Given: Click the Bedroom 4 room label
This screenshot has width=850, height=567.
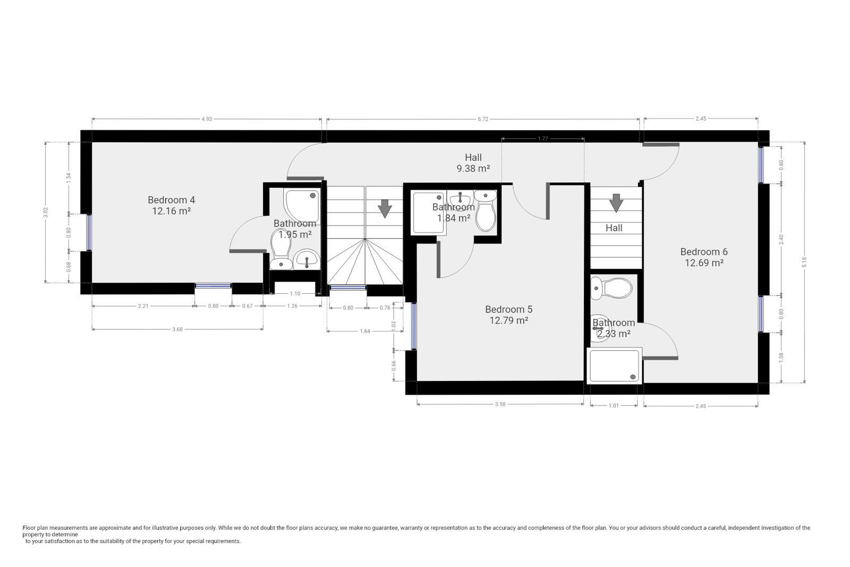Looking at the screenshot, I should (171, 205).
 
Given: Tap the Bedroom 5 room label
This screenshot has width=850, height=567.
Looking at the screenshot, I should (508, 315).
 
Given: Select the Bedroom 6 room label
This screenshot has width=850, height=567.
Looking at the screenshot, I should (704, 257).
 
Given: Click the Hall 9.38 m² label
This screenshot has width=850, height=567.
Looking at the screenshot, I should (473, 163).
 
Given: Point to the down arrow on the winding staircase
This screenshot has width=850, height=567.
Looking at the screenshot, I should (384, 208).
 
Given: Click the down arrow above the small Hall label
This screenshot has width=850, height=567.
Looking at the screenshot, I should (616, 203).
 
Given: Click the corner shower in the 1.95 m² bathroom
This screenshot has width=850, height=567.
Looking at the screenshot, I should (302, 205).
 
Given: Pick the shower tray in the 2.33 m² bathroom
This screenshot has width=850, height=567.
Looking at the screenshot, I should (614, 366).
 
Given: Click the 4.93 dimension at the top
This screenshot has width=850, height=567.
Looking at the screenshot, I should (207, 119).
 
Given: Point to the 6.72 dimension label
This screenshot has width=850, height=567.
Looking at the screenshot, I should (482, 119).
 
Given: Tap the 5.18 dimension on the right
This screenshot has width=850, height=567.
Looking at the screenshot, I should (804, 261).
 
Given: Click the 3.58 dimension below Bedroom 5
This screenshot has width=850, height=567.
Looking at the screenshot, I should (500, 404).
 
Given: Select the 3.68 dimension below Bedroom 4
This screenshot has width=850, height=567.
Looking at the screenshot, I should (177, 329).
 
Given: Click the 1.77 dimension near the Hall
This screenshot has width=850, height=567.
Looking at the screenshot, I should (542, 139).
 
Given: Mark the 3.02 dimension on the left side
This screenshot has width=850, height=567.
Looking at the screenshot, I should (46, 212).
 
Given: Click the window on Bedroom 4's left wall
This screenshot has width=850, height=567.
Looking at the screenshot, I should (89, 232).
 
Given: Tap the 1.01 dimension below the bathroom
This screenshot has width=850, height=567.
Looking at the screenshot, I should (614, 405).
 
